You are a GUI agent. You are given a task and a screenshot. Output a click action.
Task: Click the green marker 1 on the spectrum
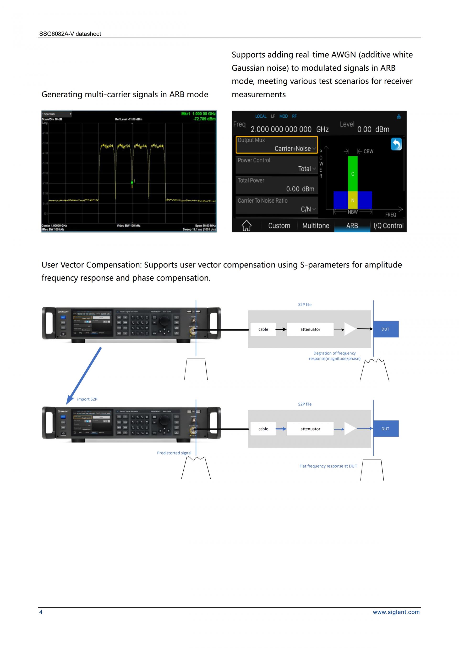click(x=132, y=182)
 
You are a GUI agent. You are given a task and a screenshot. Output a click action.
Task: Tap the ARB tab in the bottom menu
click(x=352, y=226)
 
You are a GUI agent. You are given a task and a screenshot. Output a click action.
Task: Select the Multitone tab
click(x=316, y=226)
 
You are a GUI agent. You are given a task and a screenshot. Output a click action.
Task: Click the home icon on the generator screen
click(x=246, y=226)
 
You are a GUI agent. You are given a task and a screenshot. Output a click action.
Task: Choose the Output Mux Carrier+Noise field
click(x=277, y=145)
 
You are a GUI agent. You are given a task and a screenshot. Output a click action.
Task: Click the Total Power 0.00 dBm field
click(x=277, y=185)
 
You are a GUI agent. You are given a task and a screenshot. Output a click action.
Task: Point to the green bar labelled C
click(x=352, y=173)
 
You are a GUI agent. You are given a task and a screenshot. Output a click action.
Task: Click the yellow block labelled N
click(x=352, y=200)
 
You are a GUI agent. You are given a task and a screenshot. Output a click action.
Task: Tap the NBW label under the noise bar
click(x=352, y=212)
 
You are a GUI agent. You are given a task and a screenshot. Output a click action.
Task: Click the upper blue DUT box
click(x=386, y=329)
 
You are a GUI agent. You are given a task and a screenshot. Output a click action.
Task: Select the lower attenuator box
click(x=310, y=429)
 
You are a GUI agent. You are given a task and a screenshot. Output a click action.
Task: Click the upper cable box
click(x=263, y=329)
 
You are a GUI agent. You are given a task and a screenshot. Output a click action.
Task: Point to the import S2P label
click(x=87, y=399)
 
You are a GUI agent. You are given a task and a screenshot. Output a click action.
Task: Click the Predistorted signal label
click(x=174, y=453)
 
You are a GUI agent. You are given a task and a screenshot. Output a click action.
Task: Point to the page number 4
click(x=41, y=612)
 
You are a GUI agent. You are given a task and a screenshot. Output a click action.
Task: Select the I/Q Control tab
click(x=388, y=226)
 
